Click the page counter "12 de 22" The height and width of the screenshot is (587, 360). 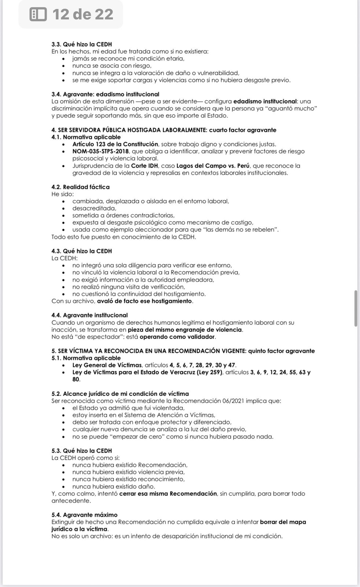point(83,14)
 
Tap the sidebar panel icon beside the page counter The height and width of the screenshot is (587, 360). point(38,14)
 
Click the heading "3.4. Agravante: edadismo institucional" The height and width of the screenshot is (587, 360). point(105,94)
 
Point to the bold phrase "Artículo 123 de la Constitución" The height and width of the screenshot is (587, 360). point(115,144)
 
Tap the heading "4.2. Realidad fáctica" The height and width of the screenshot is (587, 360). point(80,187)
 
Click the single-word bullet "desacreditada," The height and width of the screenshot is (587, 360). point(94,208)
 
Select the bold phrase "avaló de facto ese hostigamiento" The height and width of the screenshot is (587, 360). point(144,301)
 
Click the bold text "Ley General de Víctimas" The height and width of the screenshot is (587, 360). point(107,365)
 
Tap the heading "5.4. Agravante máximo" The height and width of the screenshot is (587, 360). point(84,515)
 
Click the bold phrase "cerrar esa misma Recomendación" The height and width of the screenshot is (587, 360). point(168,494)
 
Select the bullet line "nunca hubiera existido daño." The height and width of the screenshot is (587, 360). point(114,486)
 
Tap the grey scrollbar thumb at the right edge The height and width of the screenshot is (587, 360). point(356,308)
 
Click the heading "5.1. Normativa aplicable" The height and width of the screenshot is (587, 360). point(86,358)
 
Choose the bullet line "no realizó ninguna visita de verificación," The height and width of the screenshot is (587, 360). point(129,287)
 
